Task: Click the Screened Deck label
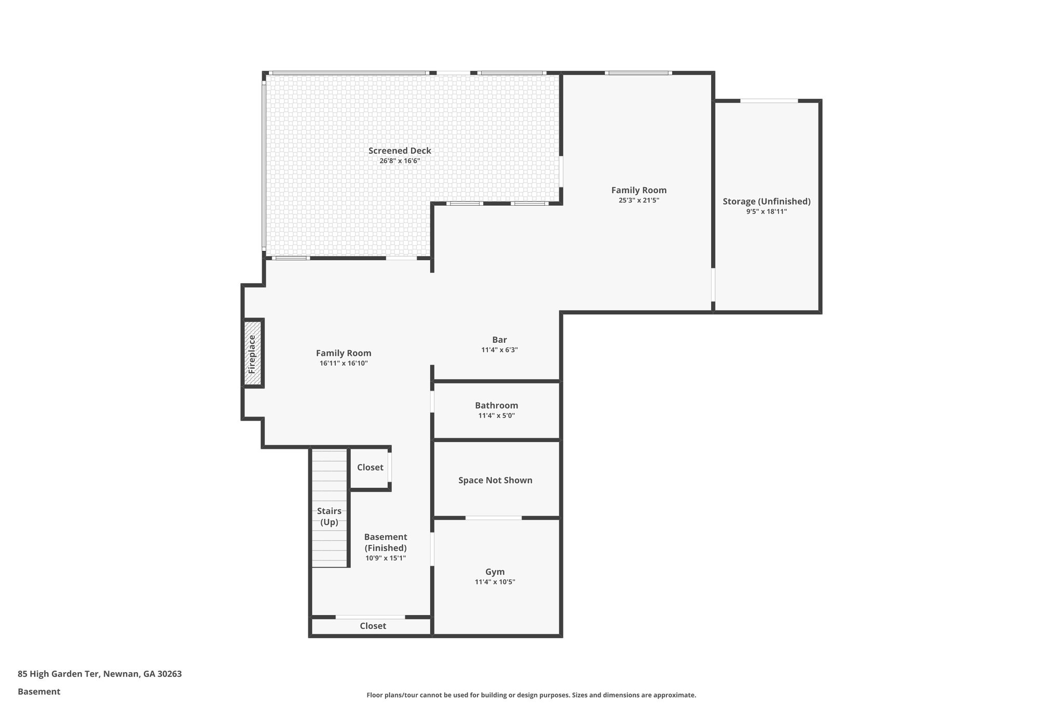(400, 151)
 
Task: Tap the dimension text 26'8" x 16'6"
(400, 161)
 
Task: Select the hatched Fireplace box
(253, 353)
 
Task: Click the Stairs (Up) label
(329, 516)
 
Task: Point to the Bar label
(499, 340)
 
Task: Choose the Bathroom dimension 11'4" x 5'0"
(496, 416)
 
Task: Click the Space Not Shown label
(495, 480)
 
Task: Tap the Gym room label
(495, 572)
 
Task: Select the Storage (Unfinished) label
(767, 202)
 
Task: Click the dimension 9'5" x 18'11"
(767, 211)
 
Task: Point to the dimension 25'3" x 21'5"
(638, 200)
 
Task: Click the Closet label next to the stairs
(370, 467)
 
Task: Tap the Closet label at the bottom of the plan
(373, 626)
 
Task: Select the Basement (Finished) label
(385, 542)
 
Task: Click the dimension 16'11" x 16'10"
(344, 363)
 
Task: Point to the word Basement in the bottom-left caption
(39, 691)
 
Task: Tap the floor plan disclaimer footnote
(531, 695)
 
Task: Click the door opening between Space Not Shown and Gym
(493, 518)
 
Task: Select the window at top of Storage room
(769, 101)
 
